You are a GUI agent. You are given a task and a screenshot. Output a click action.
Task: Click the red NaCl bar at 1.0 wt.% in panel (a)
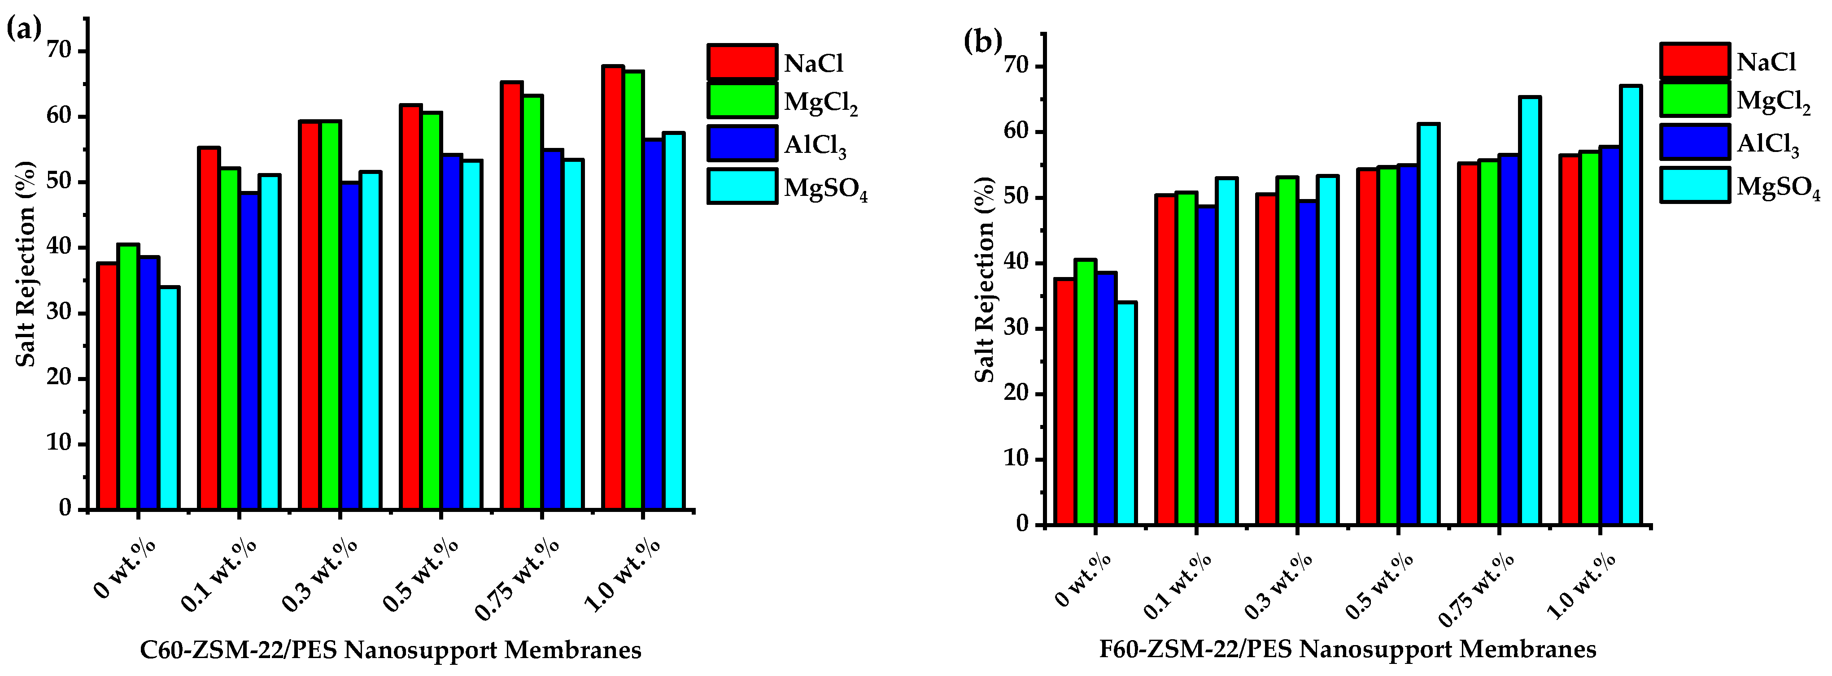[x=613, y=288]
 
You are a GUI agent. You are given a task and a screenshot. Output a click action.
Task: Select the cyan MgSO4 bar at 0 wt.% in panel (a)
[x=169, y=398]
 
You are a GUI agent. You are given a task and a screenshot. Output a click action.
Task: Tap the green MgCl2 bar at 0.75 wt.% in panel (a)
[x=532, y=302]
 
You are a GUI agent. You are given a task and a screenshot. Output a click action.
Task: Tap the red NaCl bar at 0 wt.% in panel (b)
[x=1064, y=402]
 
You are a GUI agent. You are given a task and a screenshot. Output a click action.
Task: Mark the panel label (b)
[x=982, y=42]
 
